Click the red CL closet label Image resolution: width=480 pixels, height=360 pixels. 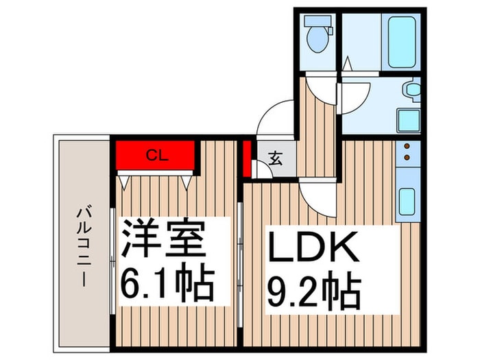pyautogui.click(x=156, y=154)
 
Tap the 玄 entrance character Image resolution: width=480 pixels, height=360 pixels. pyautogui.click(x=275, y=160)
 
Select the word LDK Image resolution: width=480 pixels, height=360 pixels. pyautogui.click(x=313, y=249)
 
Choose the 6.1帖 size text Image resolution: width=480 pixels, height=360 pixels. pyautogui.click(x=168, y=281)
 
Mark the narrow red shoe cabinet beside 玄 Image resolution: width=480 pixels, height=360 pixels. pyautogui.click(x=246, y=158)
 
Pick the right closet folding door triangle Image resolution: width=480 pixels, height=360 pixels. pyautogui.click(x=187, y=181)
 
